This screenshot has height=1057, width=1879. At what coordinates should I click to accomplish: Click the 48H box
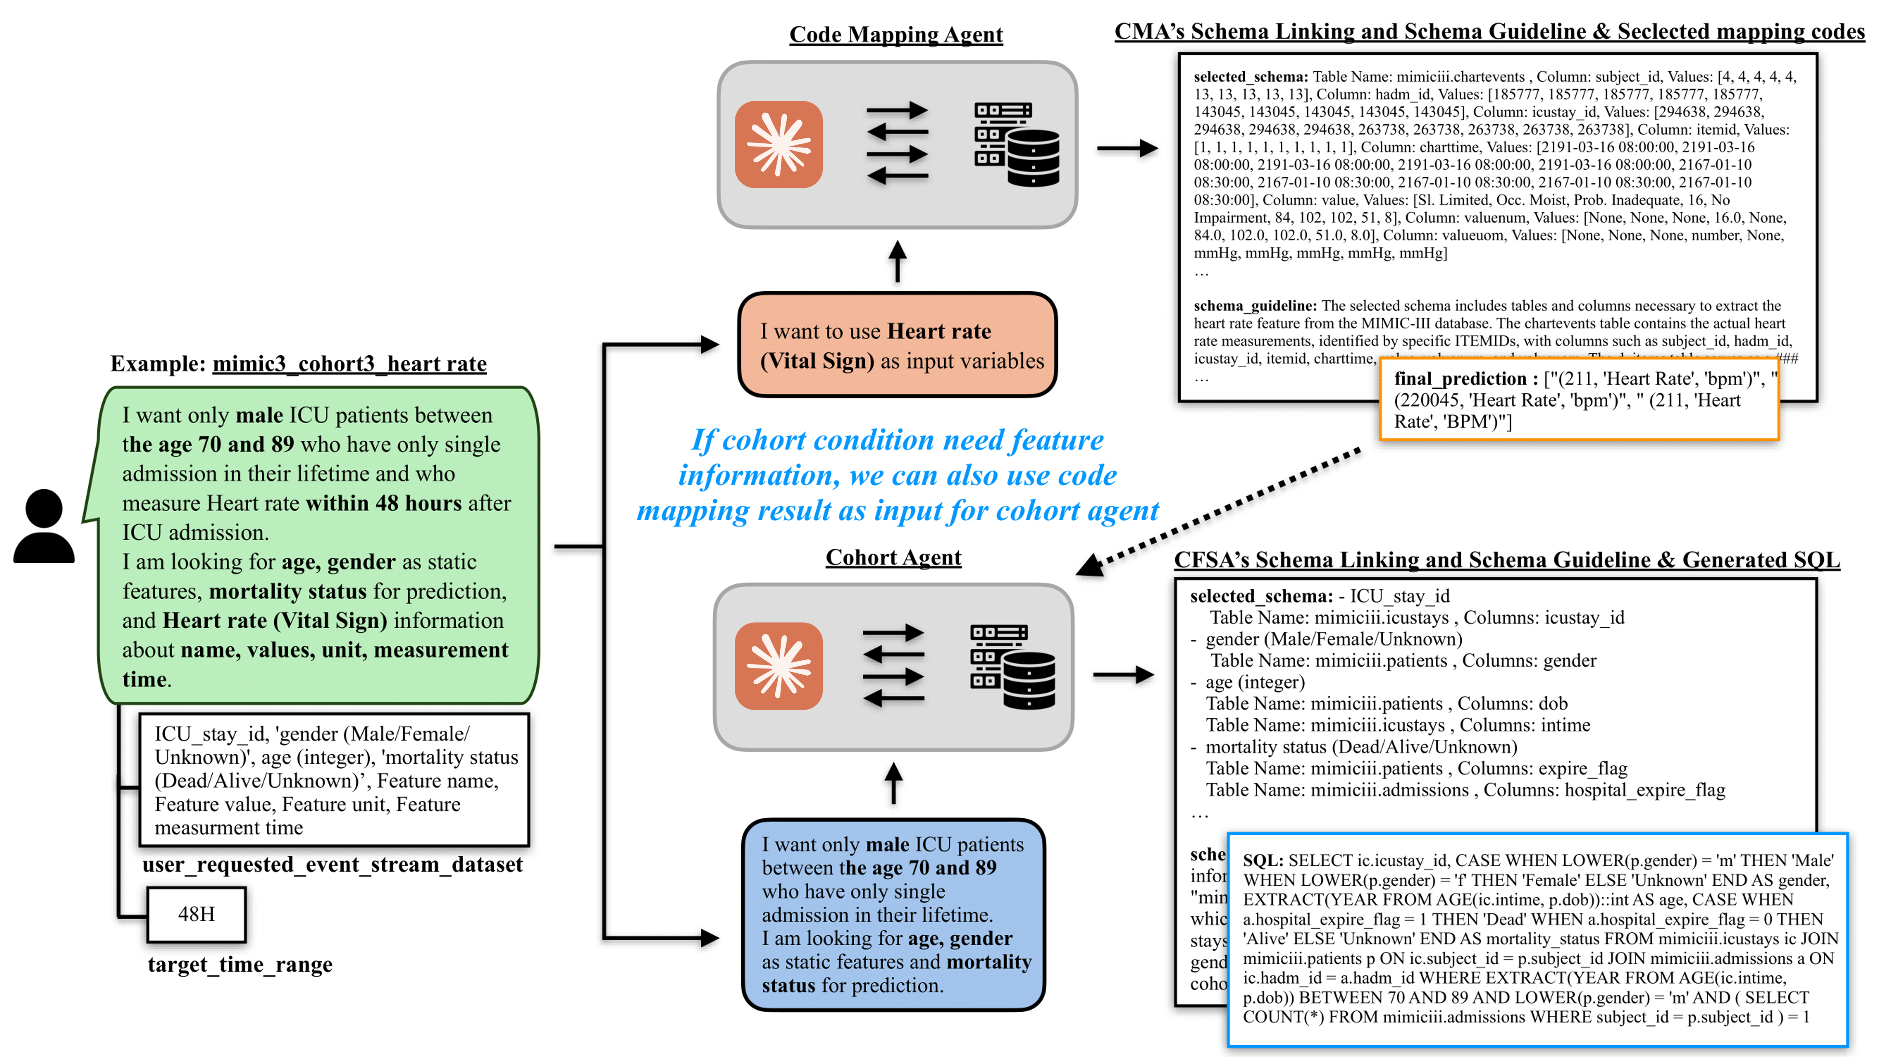(x=196, y=914)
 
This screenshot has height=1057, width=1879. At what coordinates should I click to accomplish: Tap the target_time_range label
(x=240, y=964)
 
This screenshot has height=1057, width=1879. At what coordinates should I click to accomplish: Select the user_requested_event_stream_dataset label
(x=333, y=864)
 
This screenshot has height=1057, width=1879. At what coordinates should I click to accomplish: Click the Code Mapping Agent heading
(x=896, y=34)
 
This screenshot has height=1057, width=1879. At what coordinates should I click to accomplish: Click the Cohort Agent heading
(x=893, y=557)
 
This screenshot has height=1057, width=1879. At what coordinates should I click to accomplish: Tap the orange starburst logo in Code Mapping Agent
(x=779, y=144)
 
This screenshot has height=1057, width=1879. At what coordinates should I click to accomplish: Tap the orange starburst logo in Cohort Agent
(x=779, y=666)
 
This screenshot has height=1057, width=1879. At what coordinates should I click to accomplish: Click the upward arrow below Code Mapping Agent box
(x=897, y=261)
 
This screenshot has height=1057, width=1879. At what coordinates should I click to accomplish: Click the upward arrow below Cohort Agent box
(x=893, y=783)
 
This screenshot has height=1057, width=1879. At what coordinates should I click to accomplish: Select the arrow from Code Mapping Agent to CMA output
(x=1127, y=148)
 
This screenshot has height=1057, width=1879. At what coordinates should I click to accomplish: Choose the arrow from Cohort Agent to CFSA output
(x=1123, y=675)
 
